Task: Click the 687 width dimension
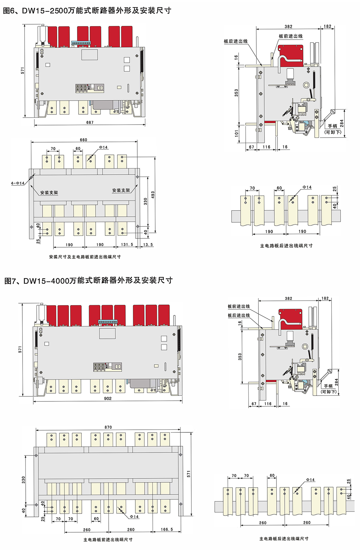(90, 122)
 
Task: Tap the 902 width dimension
(108, 398)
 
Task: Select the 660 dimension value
(83, 140)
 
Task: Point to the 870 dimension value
(108, 427)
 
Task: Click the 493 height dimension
(153, 195)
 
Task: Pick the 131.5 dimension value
(127, 245)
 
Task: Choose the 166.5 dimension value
(167, 530)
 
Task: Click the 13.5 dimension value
(148, 245)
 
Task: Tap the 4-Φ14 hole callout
(18, 183)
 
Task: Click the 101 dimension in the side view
(236, 133)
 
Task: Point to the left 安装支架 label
(49, 193)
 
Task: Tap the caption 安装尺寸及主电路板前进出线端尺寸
(85, 257)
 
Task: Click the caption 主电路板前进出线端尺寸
(108, 539)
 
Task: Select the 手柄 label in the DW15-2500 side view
(332, 126)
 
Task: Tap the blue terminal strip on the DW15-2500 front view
(81, 43)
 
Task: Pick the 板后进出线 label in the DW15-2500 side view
(235, 41)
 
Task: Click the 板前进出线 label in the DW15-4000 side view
(238, 306)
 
